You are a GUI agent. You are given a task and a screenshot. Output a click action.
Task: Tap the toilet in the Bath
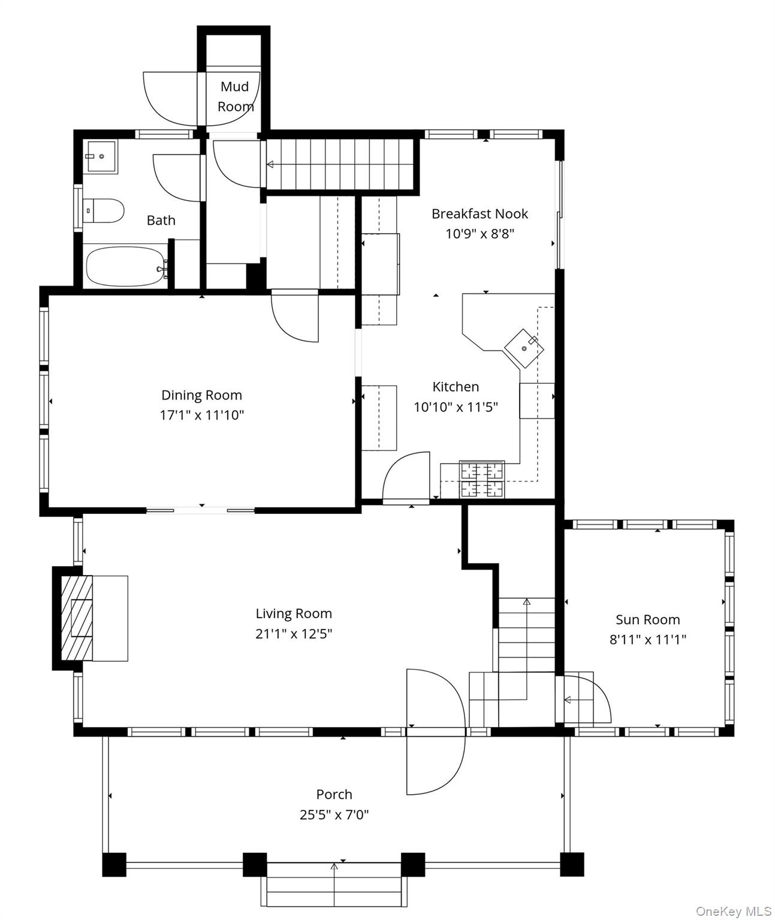pos(104,211)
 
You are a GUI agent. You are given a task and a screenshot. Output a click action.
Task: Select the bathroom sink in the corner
pos(102,156)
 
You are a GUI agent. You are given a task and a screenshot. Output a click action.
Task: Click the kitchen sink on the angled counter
pos(524,349)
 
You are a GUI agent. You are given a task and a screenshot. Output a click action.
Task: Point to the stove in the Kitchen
pos(482,479)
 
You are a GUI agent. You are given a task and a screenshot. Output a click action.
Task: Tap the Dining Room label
pos(201,395)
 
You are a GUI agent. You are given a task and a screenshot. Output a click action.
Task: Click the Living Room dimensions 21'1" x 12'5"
pos(294,634)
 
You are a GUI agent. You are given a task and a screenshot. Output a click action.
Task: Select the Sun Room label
pos(647,619)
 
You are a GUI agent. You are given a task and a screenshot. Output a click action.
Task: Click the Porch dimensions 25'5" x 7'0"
pos(334,815)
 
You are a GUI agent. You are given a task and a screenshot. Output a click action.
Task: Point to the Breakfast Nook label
pos(480,214)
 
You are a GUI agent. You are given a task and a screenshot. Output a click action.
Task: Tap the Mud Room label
pos(236,96)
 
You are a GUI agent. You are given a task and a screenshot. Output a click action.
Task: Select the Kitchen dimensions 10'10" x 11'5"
pos(456,407)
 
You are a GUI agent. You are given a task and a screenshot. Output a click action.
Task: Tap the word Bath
pos(161,220)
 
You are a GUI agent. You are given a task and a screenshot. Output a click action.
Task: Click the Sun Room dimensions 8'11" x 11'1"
pos(647,639)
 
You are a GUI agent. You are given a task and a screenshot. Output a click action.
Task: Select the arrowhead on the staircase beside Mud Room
pos(270,164)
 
